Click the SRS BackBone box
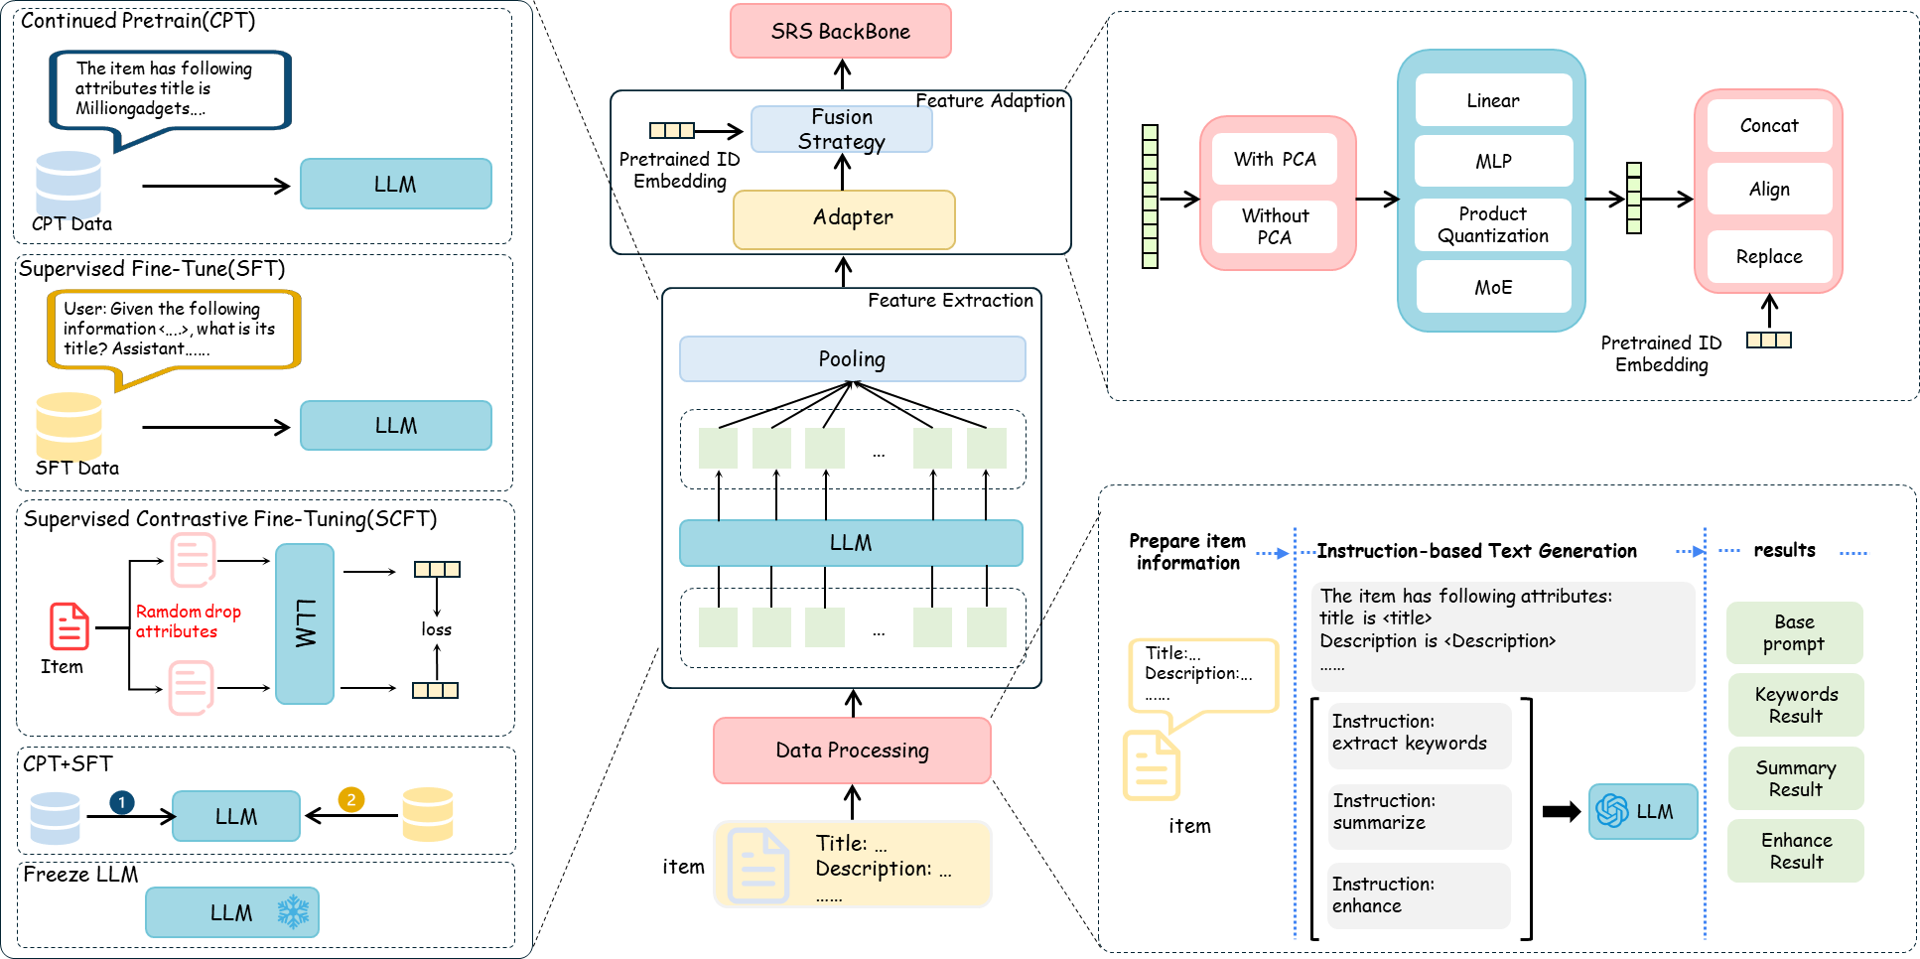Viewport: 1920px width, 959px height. [x=840, y=31]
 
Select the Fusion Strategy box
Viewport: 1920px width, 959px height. [x=841, y=129]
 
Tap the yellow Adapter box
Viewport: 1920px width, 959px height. [x=844, y=218]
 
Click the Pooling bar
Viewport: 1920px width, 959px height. [x=852, y=358]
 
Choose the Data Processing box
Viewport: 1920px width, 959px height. [x=852, y=751]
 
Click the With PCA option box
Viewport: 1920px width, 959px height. [x=1275, y=159]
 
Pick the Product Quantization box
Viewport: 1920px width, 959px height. [x=1493, y=224]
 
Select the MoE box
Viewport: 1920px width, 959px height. [x=1493, y=287]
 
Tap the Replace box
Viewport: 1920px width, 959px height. [x=1768, y=256]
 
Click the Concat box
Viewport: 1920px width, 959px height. [x=1768, y=126]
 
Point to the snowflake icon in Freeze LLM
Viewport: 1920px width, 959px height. [x=293, y=911]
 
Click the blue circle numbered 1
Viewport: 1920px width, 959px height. [x=121, y=801]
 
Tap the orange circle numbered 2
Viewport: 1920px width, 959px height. [x=350, y=799]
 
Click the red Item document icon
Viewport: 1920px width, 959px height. [x=69, y=626]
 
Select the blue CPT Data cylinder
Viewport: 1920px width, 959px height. [x=69, y=183]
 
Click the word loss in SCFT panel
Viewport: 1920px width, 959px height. [x=436, y=629]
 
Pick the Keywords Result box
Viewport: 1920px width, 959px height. [x=1795, y=705]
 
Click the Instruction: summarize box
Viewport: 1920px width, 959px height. [x=1419, y=812]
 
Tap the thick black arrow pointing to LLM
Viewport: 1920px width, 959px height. [x=1561, y=812]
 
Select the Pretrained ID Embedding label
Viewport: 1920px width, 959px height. [x=1661, y=353]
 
